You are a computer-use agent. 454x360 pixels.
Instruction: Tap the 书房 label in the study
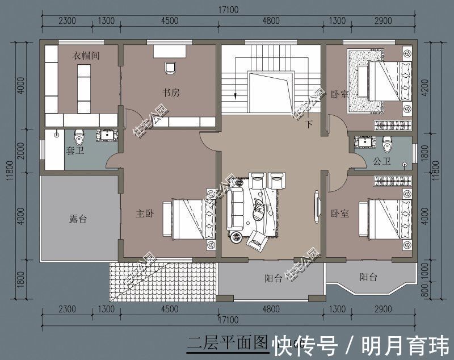[x=171, y=93]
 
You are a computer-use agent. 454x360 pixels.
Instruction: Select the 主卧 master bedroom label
[x=144, y=214]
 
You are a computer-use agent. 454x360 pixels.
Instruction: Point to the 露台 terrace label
[x=77, y=219]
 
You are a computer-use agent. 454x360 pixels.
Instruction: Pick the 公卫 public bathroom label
[x=381, y=161]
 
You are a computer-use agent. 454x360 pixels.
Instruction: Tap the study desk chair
[x=169, y=68]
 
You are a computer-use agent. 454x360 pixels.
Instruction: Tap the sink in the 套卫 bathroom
[x=106, y=135]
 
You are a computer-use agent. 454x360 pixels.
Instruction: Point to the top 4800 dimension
[x=271, y=21]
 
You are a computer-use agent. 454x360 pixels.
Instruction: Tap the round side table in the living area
[x=234, y=235]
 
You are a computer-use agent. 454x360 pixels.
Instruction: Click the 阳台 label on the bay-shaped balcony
[x=368, y=277]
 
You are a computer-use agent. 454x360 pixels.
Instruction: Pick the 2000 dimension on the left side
[x=20, y=151]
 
